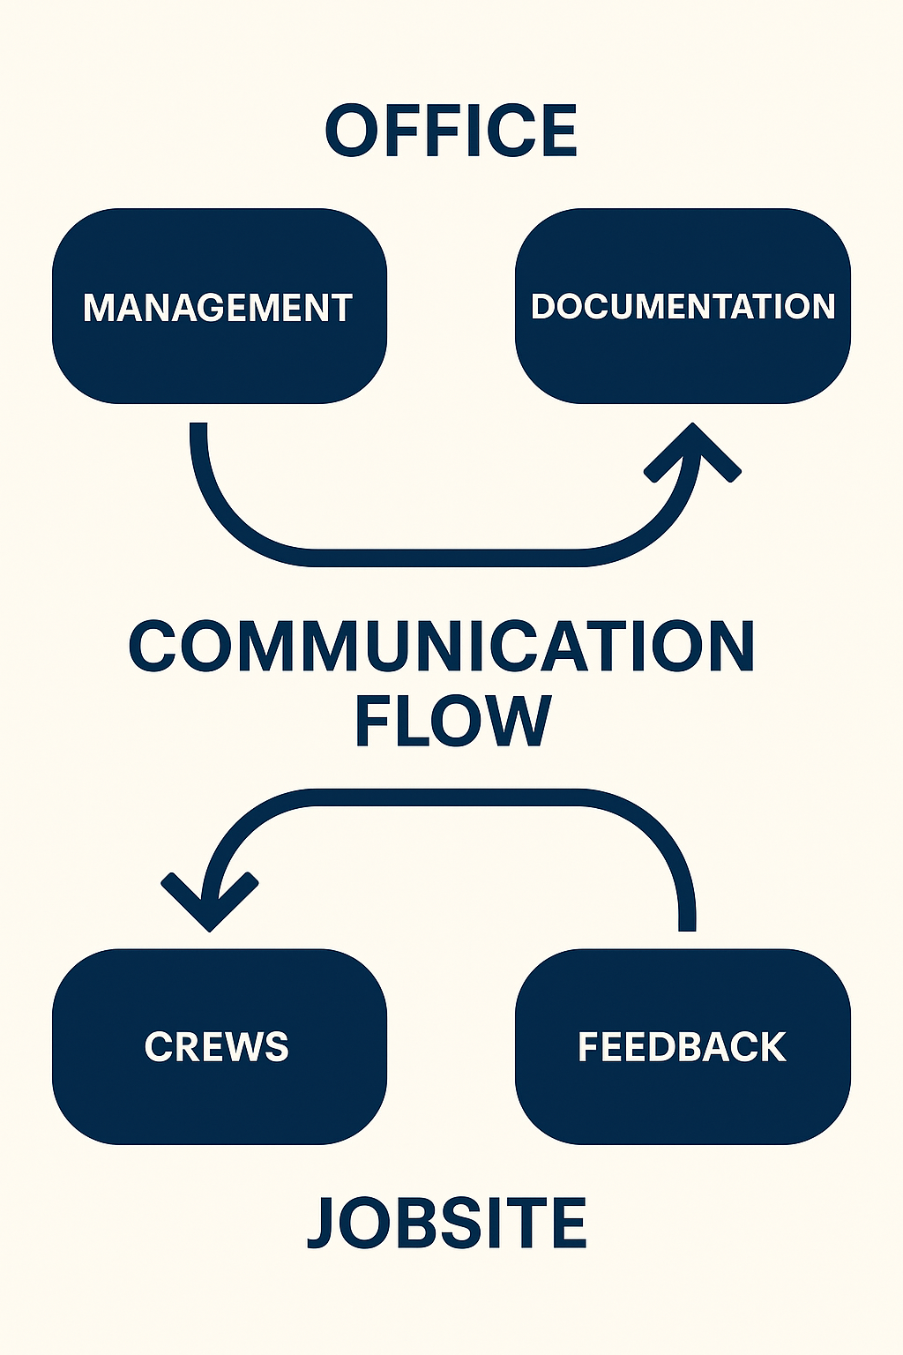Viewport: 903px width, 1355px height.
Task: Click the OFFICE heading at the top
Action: point(451,131)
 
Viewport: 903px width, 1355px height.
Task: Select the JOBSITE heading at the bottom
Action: point(447,1223)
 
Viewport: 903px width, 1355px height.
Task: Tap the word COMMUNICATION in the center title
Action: point(442,646)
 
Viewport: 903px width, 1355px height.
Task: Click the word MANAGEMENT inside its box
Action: point(218,308)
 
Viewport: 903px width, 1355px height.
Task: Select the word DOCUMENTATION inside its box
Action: point(683,306)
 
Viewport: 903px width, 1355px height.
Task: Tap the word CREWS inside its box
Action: point(217,1047)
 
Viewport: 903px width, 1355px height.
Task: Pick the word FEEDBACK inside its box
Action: point(682,1047)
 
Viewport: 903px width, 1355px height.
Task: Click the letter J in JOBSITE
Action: point(323,1224)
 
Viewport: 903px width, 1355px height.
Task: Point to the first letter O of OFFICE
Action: point(351,131)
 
